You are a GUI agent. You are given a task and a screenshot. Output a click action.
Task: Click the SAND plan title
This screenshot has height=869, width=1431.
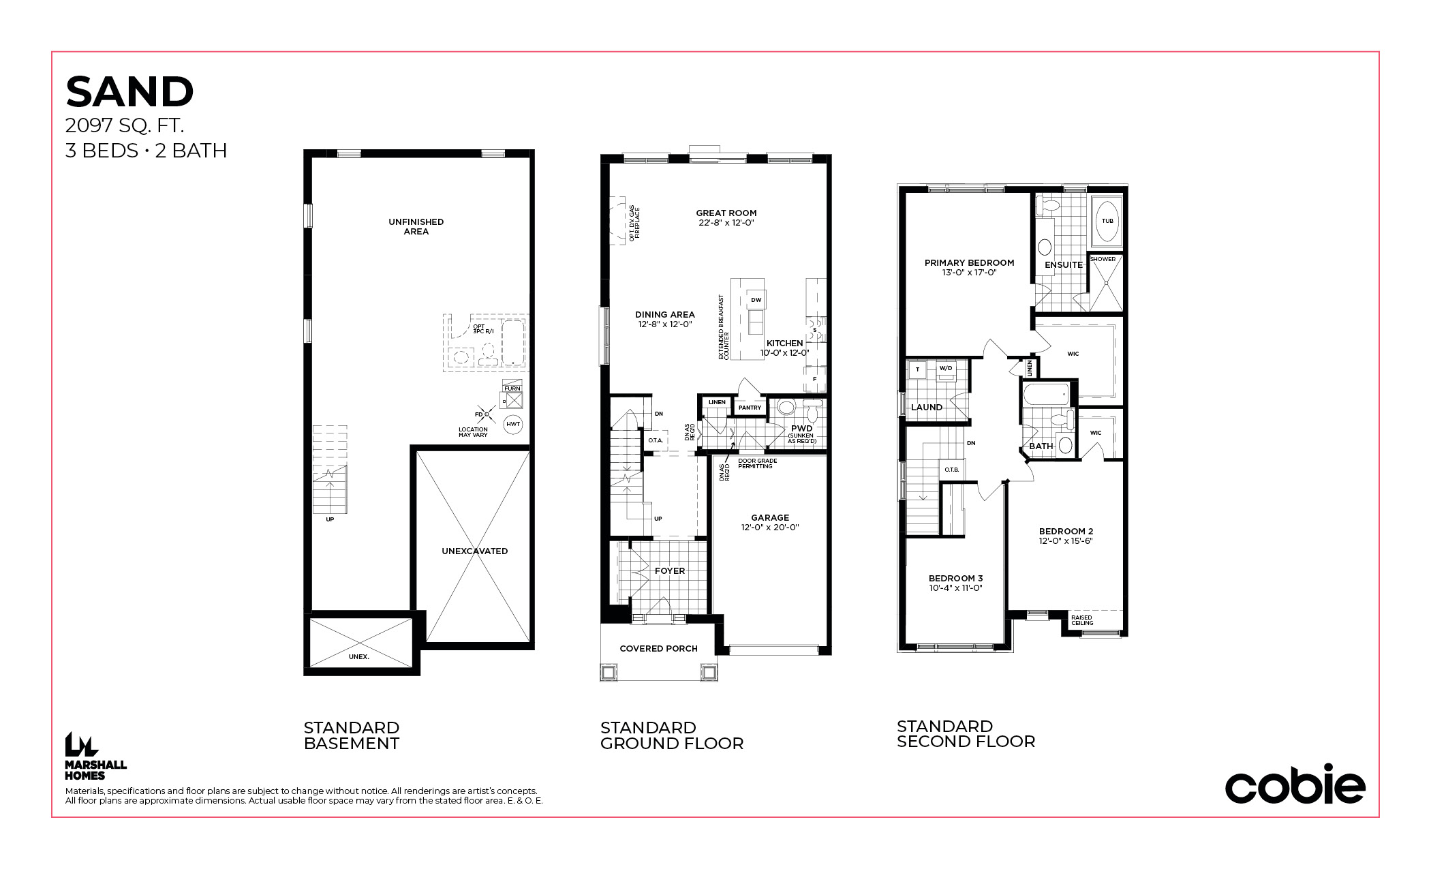point(129,92)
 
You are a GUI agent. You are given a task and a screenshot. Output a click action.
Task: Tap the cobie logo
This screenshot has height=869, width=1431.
point(1295,784)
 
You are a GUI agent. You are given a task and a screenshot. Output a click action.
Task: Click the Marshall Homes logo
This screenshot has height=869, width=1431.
point(95,756)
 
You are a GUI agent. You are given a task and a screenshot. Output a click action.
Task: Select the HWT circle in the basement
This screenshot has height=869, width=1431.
point(513,424)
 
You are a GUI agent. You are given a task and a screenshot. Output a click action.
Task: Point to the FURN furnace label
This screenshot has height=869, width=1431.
point(512,388)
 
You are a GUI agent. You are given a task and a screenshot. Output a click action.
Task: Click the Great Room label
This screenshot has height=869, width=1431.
point(726,213)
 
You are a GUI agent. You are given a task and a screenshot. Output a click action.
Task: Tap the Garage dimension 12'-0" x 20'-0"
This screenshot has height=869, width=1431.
point(770,528)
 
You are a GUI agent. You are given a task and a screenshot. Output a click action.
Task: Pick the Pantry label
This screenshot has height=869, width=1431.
point(750,408)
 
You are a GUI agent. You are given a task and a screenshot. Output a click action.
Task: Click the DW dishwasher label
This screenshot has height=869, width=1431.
point(756,300)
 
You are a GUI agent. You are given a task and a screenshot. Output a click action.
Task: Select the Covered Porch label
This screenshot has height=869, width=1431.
point(658,649)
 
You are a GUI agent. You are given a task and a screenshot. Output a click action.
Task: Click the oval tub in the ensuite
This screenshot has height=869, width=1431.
point(1107,221)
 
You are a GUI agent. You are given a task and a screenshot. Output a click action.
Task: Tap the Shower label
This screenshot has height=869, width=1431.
point(1103,259)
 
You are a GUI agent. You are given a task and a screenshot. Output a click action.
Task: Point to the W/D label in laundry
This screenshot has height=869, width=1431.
point(946,369)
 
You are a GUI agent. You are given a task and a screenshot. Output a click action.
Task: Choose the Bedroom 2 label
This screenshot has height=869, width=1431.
point(1066,532)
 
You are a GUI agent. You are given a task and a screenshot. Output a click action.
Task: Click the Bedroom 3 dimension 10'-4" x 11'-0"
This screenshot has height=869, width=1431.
point(955,588)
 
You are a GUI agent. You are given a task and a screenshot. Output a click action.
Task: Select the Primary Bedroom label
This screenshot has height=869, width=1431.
point(969,263)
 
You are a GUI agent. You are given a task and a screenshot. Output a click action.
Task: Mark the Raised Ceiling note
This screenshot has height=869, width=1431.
point(1082,620)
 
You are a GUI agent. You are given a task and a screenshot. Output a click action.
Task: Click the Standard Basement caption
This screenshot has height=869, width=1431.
point(352,736)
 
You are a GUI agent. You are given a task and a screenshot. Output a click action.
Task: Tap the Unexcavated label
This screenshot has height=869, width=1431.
point(475,551)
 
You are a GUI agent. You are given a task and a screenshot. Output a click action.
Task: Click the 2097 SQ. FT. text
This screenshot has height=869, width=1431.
point(125,125)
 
